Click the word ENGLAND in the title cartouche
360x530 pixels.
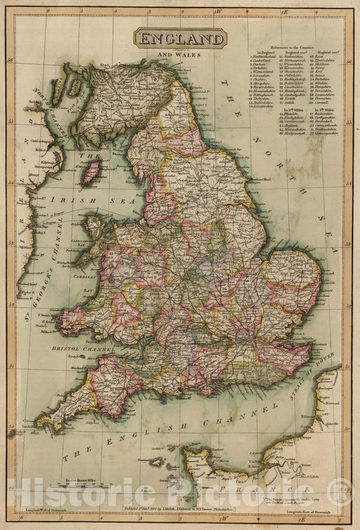click(x=180, y=39)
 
